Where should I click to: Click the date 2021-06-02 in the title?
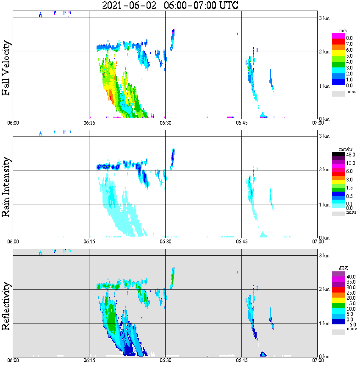130,6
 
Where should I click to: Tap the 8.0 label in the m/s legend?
349,38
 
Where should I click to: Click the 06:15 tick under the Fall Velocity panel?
89,123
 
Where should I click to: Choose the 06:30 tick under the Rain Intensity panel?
165,242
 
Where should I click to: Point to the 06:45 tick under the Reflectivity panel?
241,361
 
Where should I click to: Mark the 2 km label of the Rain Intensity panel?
324,170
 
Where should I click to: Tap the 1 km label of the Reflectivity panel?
324,324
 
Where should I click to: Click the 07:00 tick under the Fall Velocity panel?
318,123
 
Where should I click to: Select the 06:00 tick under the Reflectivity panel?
13,361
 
